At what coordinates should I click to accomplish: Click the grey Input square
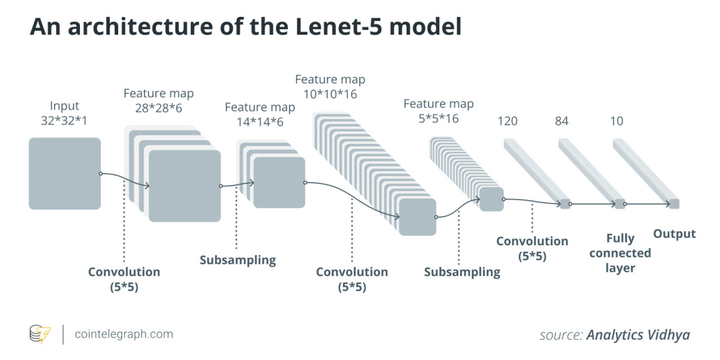point(65,173)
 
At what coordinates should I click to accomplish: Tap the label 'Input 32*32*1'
point(65,113)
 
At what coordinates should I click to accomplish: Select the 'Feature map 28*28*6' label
point(159,101)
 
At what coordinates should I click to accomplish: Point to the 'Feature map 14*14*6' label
point(260,114)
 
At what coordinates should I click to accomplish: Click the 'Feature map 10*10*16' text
point(330,87)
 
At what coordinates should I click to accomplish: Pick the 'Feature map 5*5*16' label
point(439,111)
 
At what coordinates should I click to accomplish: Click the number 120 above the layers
point(507,121)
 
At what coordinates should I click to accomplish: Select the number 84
point(561,121)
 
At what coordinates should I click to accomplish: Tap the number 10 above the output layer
point(616,121)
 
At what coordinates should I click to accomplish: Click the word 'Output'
point(674,234)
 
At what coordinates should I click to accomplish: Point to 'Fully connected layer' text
point(620,253)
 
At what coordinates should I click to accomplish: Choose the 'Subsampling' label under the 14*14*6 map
point(238,260)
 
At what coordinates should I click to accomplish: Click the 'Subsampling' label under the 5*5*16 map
point(462,272)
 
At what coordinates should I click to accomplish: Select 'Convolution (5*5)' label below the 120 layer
point(532,249)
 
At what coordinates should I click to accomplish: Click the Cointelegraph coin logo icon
point(40,334)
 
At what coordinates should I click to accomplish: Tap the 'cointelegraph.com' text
point(124,334)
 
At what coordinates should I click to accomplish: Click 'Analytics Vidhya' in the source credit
point(638,335)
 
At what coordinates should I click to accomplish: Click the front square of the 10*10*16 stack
point(417,217)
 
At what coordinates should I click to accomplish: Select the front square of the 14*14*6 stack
point(279,183)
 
